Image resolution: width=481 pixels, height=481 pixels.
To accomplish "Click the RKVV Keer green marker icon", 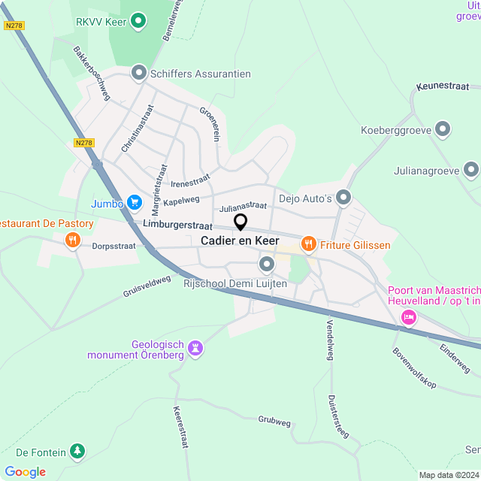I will point(138,21).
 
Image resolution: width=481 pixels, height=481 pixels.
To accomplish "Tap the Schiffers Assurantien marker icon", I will point(138,73).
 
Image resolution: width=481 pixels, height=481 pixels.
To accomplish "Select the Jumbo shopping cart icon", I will point(135,201).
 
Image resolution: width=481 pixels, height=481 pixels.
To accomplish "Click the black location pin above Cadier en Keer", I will point(240,222).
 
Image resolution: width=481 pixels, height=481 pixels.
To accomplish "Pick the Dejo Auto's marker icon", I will point(344,198).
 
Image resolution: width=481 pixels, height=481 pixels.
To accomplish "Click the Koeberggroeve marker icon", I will point(443,129).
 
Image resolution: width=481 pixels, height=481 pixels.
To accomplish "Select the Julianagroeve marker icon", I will point(471,169).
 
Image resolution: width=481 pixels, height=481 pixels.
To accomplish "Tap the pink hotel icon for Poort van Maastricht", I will point(408,316).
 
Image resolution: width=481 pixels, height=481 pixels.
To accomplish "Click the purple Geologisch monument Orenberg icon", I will point(195,348).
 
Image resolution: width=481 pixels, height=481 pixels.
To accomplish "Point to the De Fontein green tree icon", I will point(77,451).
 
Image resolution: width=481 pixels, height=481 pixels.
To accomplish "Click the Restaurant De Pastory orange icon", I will point(72,240).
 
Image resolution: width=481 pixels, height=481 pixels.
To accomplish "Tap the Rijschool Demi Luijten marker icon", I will point(267,264).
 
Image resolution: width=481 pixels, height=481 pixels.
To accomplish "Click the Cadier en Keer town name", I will point(240,240).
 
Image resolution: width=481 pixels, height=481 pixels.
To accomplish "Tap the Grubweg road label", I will point(274,422).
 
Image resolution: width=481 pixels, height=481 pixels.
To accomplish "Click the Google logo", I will point(25,471).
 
